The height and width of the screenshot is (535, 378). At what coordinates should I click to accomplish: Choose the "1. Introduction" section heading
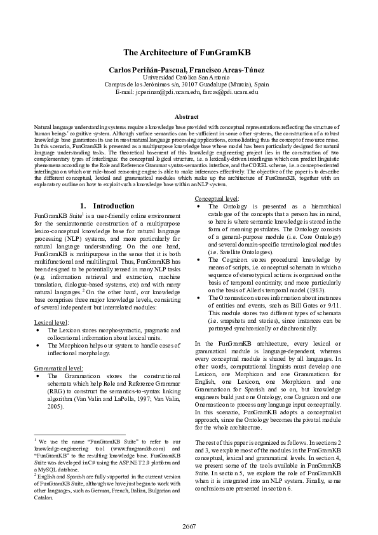coord(107,206)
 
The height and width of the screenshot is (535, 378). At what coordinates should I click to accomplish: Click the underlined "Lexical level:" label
coord(51,322)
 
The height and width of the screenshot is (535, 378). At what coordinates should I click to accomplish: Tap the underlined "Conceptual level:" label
coord(217,199)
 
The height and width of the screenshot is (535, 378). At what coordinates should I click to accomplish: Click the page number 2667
coord(189,525)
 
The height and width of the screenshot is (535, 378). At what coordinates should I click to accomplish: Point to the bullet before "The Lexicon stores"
coord(40,330)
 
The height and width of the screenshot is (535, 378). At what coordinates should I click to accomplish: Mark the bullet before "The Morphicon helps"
coord(40,346)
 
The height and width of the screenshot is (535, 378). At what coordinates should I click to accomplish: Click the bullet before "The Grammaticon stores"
coord(40,376)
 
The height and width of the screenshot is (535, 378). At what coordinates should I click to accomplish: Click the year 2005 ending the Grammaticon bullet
coord(57,406)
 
